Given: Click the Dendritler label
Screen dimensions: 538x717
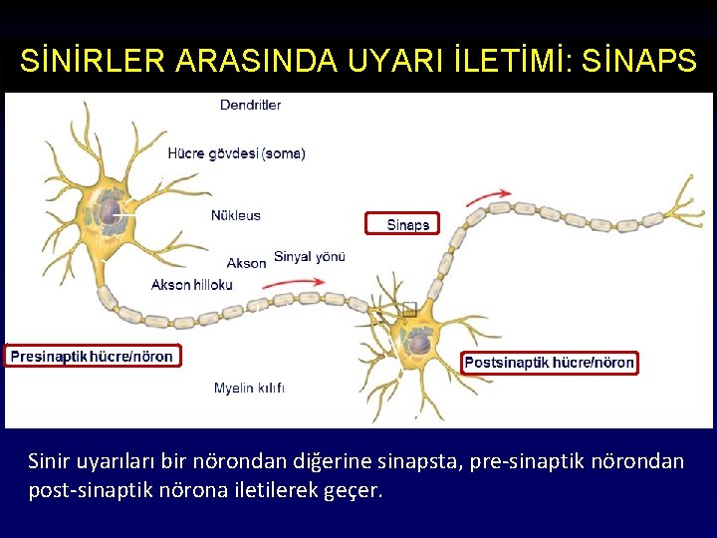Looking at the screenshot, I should click(250, 105).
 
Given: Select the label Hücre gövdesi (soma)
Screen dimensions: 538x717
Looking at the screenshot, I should click(237, 153).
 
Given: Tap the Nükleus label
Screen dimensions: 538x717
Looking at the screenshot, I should click(236, 215).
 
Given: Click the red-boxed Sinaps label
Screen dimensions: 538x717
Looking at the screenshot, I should click(408, 225).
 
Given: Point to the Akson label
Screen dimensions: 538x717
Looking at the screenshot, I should click(246, 263).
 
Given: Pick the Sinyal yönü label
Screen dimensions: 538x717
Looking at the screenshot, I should click(310, 256).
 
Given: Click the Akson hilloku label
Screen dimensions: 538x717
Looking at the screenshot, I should click(192, 285).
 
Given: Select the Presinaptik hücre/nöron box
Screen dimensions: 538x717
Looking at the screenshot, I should click(93, 356).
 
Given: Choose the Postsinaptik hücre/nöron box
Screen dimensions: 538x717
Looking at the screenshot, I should click(549, 363).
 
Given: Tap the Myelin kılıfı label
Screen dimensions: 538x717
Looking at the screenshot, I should click(250, 388).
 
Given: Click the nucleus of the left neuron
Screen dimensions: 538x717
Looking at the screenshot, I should click(104, 211).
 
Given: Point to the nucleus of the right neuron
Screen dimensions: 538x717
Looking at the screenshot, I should click(419, 343).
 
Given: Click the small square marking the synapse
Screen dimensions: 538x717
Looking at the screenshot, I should click(409, 310).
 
